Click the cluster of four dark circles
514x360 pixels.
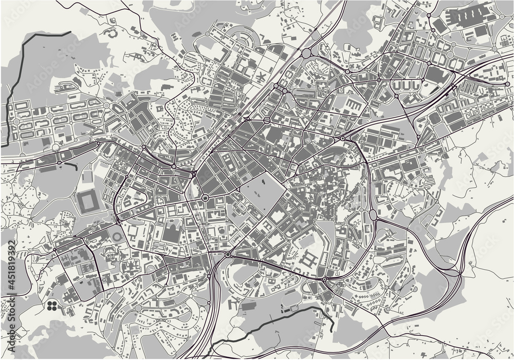pos(51,306)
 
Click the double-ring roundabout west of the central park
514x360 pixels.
pos(205,198)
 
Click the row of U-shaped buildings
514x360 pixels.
pos(406,85)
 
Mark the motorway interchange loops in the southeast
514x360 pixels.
pos(457,277)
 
